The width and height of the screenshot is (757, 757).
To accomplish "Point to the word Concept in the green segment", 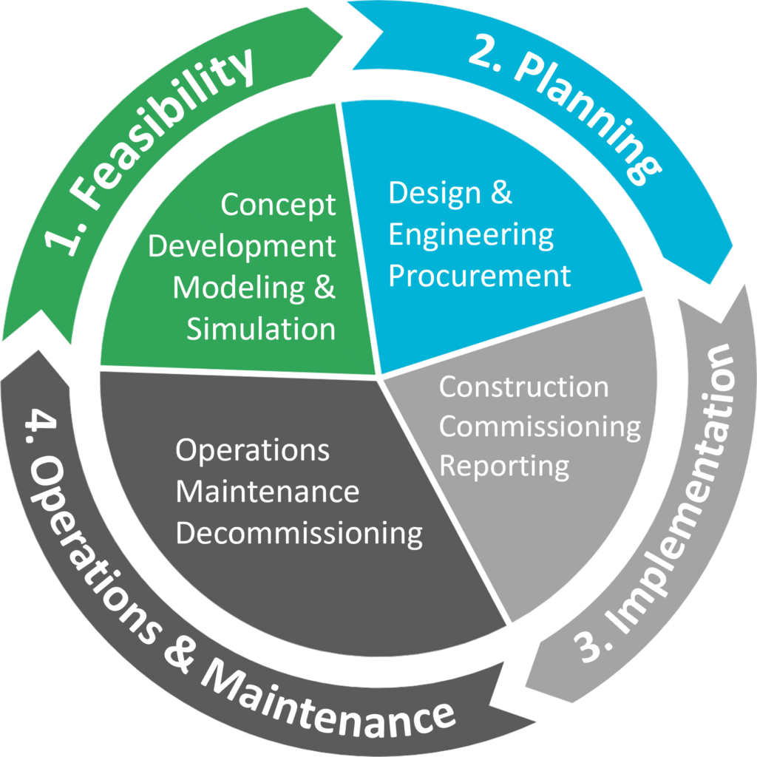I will coord(278,206).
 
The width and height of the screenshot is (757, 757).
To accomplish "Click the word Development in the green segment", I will coord(242,246).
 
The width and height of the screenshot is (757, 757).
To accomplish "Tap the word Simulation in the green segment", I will coord(261,329).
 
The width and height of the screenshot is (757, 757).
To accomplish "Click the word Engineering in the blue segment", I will coord(471,235).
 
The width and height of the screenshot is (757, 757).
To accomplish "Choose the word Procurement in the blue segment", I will coord(480,276).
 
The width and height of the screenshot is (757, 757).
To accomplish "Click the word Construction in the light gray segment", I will coord(524,387).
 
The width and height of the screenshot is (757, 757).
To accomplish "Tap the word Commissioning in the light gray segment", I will coord(540,427).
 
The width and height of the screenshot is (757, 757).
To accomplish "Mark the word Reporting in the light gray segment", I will coord(505,467).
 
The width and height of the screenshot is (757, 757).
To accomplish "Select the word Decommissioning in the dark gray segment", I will coord(299,533).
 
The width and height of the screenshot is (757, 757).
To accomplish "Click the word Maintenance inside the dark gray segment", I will coord(267,492).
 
